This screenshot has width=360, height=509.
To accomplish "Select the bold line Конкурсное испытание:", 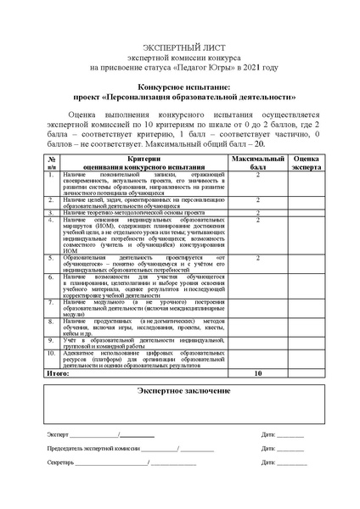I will coord(179,87).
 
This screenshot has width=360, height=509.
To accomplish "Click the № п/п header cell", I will coord(52,163).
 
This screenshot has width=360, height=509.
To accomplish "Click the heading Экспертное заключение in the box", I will coord(180,390).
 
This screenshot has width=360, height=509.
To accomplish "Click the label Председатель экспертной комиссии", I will coord(93,448).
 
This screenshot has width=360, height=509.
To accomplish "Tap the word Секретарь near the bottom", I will coord(61,462).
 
